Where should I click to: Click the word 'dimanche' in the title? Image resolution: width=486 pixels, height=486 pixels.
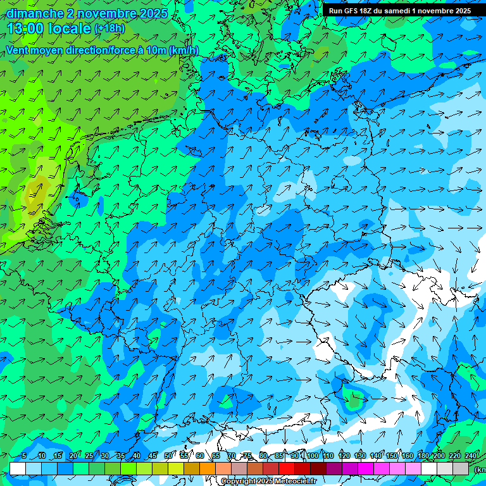coord(35,13)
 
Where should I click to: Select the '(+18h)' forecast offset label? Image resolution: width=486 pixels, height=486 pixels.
coord(109,28)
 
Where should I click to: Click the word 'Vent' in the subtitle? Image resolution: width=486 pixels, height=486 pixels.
coord(18,51)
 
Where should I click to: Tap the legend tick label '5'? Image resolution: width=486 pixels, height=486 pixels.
coord(24,456)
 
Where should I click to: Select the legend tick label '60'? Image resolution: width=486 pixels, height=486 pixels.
coord(199,456)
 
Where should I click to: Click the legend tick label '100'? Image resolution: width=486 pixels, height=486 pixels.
coord(313,456)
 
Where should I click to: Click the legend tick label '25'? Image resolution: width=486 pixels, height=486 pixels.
coord(89,456)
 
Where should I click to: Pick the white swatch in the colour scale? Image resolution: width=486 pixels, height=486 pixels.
coord(18,468)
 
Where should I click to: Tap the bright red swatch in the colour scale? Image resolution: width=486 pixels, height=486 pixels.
coord(287,468)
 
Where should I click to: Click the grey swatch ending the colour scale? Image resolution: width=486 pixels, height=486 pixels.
coord(461,468)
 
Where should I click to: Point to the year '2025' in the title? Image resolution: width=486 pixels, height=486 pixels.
coord(154,13)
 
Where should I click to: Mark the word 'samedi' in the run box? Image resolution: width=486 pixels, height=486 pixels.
coord(394,10)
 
